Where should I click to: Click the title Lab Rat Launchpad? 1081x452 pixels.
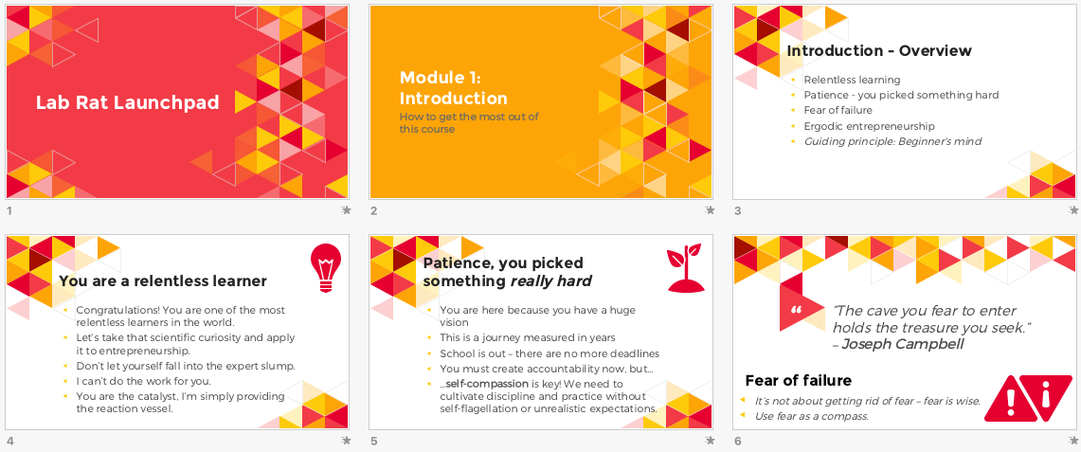click(128, 102)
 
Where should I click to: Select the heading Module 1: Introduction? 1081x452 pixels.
click(453, 87)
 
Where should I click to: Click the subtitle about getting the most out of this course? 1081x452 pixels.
click(469, 122)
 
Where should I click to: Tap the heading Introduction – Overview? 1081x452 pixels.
click(879, 51)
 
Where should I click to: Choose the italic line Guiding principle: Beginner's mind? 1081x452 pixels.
click(892, 142)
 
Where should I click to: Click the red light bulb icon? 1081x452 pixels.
click(325, 267)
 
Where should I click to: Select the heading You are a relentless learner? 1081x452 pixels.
click(163, 281)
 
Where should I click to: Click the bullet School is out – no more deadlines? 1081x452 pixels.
click(550, 353)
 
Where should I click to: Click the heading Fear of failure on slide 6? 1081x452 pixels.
click(799, 380)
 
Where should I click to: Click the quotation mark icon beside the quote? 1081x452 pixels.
click(796, 309)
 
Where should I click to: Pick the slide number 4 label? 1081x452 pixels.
click(9, 441)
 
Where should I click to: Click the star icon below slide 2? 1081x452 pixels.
click(711, 210)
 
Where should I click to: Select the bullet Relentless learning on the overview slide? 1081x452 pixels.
click(852, 80)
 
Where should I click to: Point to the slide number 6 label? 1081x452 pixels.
click(738, 441)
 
